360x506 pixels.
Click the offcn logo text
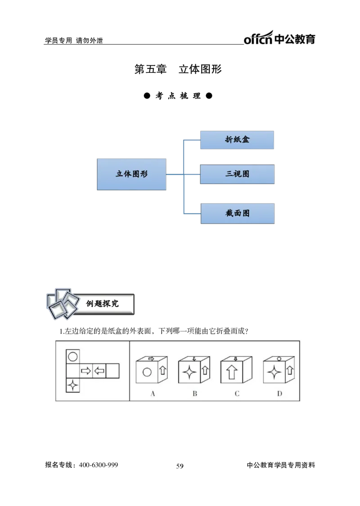click(x=258, y=38)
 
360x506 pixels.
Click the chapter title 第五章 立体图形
click(x=178, y=69)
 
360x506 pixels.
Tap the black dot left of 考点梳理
click(x=147, y=96)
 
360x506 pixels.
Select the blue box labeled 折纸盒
click(x=237, y=140)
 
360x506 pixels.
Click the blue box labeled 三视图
click(x=238, y=174)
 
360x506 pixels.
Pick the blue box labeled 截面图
click(x=238, y=213)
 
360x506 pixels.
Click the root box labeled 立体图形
click(x=131, y=174)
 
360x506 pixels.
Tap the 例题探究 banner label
click(x=102, y=304)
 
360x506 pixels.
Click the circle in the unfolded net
click(x=73, y=357)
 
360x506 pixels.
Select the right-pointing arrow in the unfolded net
click(x=86, y=371)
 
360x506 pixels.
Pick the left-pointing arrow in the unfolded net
click(x=99, y=371)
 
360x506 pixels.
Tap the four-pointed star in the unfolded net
click(x=73, y=385)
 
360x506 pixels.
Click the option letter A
click(x=153, y=394)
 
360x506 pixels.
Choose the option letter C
click(x=237, y=394)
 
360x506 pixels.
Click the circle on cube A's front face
click(x=147, y=372)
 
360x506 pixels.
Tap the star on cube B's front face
click(x=189, y=372)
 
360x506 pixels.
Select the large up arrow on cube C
click(x=232, y=372)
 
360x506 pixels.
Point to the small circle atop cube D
click(x=279, y=359)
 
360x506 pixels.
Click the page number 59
click(x=180, y=466)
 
